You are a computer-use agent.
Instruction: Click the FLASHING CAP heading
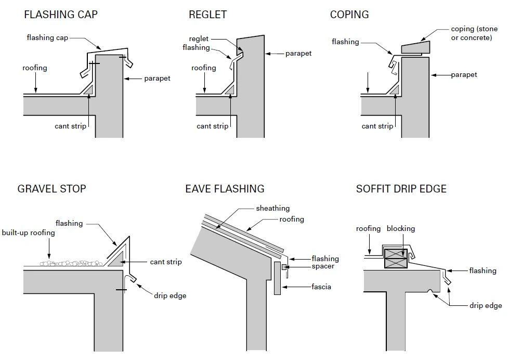tap(60, 15)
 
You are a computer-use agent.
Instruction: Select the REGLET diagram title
tap(207, 15)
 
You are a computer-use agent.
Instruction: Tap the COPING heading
tap(349, 15)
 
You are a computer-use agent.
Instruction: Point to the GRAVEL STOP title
tap(51, 188)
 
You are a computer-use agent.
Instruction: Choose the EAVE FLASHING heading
tap(225, 188)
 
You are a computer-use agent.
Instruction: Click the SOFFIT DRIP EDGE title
tap(401, 188)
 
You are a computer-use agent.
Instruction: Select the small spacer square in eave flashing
tap(284, 267)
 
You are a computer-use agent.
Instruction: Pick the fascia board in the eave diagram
tap(277, 278)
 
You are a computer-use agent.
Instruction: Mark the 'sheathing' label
tap(272, 209)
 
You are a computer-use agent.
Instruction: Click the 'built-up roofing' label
tap(28, 233)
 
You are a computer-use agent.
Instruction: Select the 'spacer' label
tap(323, 266)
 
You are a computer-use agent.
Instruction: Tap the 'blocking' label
tap(400, 228)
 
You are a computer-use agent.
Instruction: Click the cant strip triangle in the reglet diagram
tap(231, 90)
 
